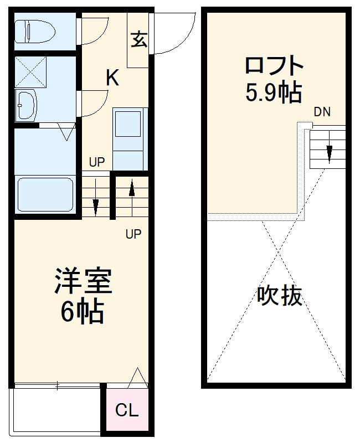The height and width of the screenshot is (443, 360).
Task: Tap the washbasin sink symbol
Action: pyautogui.click(x=26, y=105)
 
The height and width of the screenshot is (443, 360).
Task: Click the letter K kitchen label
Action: pyautogui.click(x=112, y=78)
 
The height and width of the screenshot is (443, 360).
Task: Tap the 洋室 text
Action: pyautogui.click(x=83, y=281)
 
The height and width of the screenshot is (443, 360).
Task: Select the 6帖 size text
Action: pyautogui.click(x=81, y=312)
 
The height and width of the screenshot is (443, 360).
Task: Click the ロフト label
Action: pyautogui.click(x=275, y=66)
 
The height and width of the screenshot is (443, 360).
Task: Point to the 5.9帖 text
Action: pyautogui.click(x=274, y=93)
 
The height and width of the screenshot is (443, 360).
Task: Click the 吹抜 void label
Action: pyautogui.click(x=280, y=296)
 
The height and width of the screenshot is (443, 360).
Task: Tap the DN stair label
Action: pyautogui.click(x=322, y=112)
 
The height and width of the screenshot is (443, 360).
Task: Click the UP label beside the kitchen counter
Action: pyautogui.click(x=97, y=162)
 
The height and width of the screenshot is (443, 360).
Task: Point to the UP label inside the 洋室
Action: pyautogui.click(x=133, y=234)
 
